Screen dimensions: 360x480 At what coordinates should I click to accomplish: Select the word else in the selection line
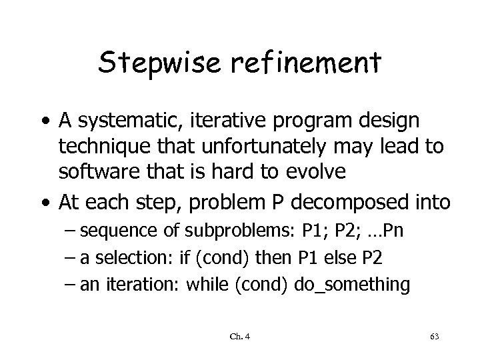click(340, 257)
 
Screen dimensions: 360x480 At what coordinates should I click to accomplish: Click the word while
click(206, 284)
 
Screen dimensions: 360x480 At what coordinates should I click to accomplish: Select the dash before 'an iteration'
click(71, 284)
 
